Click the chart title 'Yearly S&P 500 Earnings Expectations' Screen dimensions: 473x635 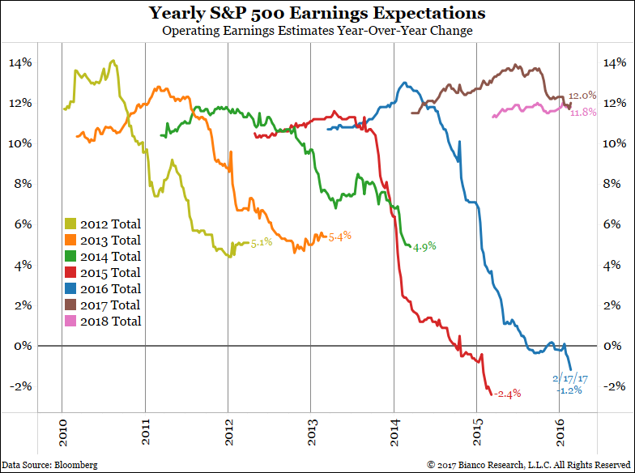317,14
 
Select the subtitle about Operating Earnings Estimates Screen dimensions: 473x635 317,31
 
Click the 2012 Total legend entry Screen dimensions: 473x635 102,224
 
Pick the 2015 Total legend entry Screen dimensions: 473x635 102,273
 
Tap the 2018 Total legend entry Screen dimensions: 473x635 102,322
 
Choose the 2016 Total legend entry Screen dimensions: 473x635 102,289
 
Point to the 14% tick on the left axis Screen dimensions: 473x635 22,63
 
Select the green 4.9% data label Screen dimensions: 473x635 426,247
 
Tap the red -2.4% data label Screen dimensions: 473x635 507,394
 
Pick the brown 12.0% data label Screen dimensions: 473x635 582,96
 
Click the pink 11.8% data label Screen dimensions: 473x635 582,113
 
